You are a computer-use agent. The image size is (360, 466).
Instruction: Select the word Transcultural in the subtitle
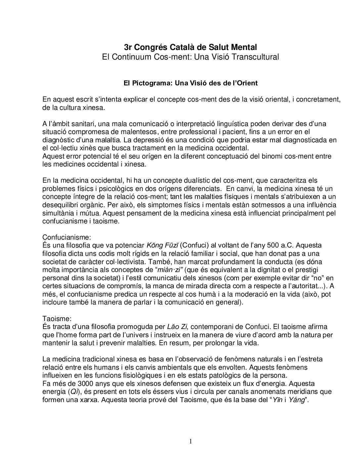click(255, 57)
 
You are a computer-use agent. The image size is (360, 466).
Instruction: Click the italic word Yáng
click(296, 400)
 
